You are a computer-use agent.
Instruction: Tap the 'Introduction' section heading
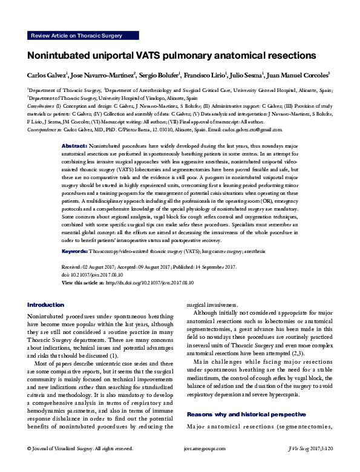point(47,304)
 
